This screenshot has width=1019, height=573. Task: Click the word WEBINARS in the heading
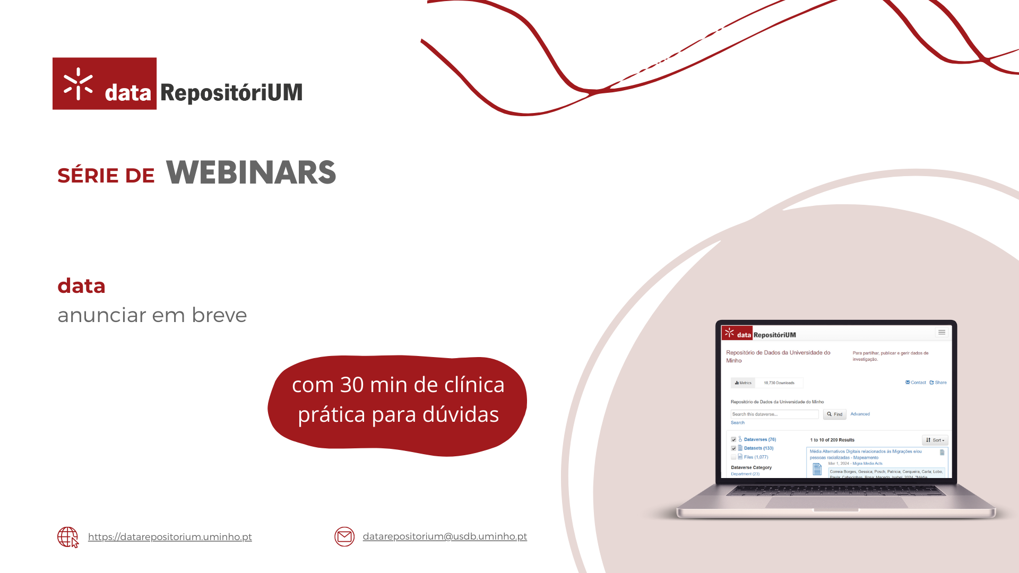tap(251, 172)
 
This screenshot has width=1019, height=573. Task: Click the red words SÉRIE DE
tap(106, 176)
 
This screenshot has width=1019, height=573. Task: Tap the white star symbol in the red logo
tap(78, 84)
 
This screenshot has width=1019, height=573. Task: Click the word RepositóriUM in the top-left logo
tap(231, 93)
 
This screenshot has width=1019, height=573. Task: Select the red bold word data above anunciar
tap(81, 286)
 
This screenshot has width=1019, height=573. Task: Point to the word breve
tap(219, 315)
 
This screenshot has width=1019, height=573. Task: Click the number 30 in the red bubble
tap(352, 385)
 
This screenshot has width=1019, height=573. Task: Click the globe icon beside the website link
tap(67, 537)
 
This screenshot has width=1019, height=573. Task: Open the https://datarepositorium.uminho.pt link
tap(170, 537)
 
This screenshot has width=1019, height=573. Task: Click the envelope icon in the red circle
tap(344, 537)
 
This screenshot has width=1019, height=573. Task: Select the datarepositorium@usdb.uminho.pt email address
tap(445, 536)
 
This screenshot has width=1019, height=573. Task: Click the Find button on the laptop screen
tap(835, 414)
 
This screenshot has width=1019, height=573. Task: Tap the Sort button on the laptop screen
tap(935, 440)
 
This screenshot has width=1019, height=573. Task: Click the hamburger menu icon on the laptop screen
tap(942, 333)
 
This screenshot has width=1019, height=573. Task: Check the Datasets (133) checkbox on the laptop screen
tap(733, 448)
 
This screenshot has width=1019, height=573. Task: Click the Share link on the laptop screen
tap(938, 383)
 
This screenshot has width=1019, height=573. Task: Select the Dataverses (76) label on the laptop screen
tap(759, 440)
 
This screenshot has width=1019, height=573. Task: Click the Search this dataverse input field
tap(774, 414)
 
